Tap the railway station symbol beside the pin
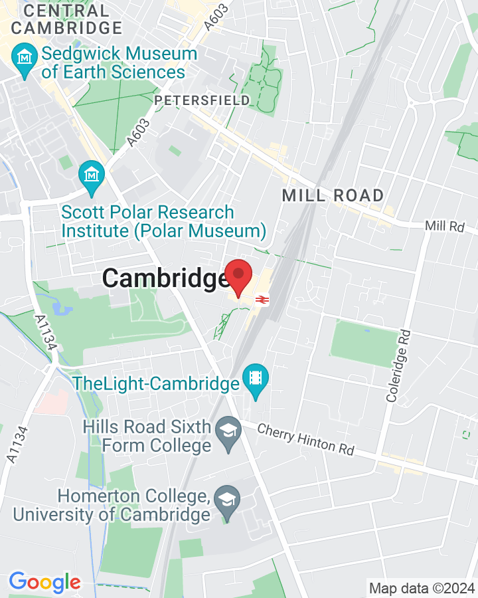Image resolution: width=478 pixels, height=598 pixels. pyautogui.click(x=262, y=300)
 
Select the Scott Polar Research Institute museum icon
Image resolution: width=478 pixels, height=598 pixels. pyautogui.click(x=92, y=175)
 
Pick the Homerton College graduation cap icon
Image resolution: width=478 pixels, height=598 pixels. pyautogui.click(x=228, y=505)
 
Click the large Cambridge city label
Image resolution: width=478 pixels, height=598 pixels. pyautogui.click(x=165, y=278)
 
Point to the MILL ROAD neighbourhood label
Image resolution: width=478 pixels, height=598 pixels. pyautogui.click(x=333, y=195)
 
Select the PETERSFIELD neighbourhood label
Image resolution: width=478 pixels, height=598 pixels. pyautogui.click(x=202, y=100)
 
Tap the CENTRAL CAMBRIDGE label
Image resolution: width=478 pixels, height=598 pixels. pyautogui.click(x=66, y=19)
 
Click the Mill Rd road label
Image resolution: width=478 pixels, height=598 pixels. pyautogui.click(x=445, y=226)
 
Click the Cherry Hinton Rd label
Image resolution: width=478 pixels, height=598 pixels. pyautogui.click(x=305, y=439)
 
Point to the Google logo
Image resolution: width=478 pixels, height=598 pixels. pyautogui.click(x=44, y=583)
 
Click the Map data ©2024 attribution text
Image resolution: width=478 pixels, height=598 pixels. pyautogui.click(x=422, y=587)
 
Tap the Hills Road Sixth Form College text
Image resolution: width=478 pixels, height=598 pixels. pyautogui.click(x=147, y=436)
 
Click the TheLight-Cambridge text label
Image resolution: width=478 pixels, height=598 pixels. pyautogui.click(x=156, y=383)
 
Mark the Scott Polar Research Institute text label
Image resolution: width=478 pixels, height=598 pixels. pyautogui.click(x=163, y=222)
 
